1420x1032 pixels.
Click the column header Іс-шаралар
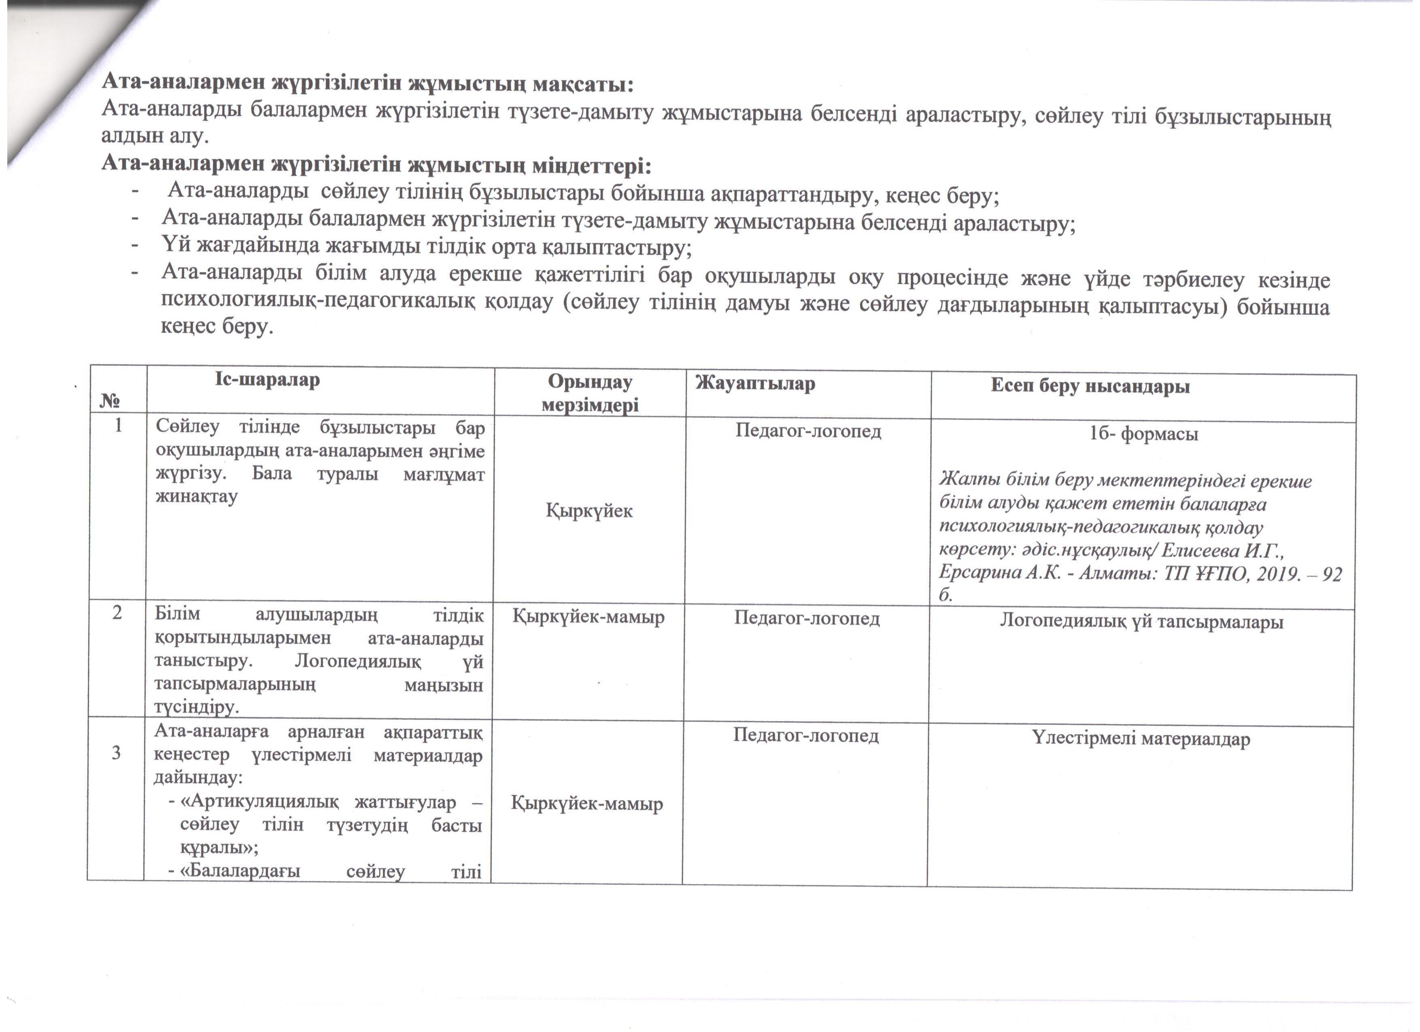point(267,380)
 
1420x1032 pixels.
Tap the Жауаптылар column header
point(755,384)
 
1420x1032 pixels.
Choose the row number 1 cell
point(118,426)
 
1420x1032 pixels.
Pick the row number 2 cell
point(117,613)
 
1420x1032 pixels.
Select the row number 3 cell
point(116,752)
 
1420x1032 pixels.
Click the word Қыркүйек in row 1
point(589,511)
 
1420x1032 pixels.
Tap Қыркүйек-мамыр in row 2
point(589,617)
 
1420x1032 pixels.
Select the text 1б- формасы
point(1144,434)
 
